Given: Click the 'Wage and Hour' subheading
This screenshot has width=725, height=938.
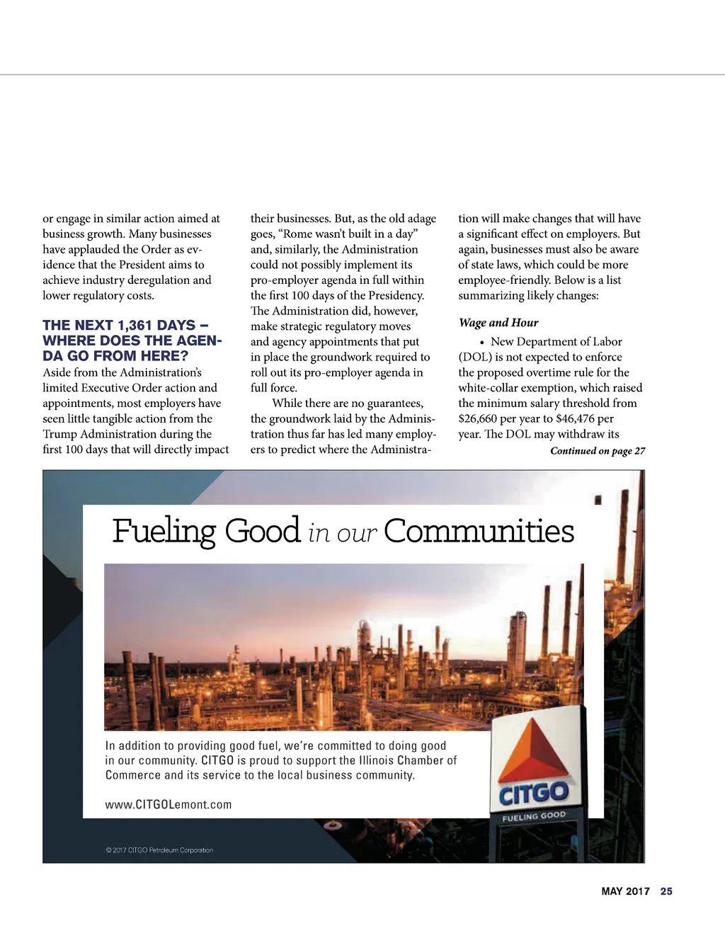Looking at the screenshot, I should (x=498, y=323).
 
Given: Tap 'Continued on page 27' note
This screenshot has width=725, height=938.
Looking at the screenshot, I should (x=598, y=451).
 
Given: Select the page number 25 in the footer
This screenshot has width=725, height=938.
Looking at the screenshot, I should (x=666, y=891).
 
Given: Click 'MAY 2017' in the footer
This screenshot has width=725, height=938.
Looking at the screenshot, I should (x=625, y=891).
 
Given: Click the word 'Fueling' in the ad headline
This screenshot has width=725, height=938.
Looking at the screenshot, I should (x=164, y=532).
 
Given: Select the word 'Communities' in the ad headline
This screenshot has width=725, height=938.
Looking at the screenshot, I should (x=479, y=531).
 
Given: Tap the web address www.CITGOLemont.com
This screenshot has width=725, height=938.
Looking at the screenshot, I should (x=169, y=805).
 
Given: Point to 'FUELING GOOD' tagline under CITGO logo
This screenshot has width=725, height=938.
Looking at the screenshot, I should (x=534, y=816).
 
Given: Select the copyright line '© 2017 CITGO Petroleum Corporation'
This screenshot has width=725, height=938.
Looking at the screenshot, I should (x=159, y=850).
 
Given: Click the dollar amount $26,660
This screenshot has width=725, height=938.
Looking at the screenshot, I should (x=477, y=418).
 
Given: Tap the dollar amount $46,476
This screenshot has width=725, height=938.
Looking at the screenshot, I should (x=576, y=418).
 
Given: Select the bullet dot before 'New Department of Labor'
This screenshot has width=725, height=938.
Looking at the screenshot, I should (x=482, y=342).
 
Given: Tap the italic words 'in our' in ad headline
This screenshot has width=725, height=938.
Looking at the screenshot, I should (x=342, y=533).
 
